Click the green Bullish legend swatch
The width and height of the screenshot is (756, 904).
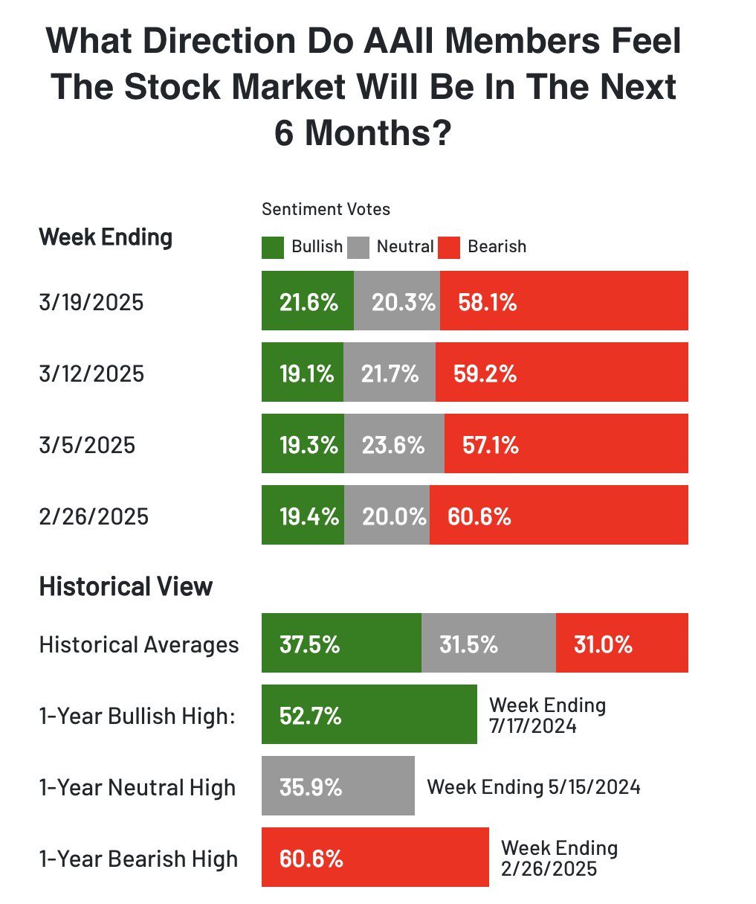tap(273, 248)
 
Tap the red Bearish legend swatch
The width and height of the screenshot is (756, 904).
tap(449, 248)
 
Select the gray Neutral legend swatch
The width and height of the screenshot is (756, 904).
tap(359, 248)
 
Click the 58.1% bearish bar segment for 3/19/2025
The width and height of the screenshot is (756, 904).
tap(563, 301)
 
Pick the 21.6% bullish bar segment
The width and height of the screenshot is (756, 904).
tap(308, 301)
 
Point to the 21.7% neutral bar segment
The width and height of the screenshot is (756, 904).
tap(390, 372)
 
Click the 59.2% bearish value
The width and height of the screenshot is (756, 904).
tap(485, 373)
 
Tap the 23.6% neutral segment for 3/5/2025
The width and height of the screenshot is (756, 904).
tap(394, 443)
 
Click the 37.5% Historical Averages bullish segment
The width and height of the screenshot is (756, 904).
tap(341, 643)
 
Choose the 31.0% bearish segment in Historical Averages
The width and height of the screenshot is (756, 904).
tap(621, 643)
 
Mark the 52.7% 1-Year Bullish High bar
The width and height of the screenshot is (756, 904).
tap(369, 714)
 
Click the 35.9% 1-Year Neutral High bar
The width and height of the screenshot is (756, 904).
tap(337, 786)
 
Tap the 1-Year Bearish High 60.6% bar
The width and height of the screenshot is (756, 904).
tap(375, 857)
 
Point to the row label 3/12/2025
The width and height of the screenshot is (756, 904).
tap(91, 373)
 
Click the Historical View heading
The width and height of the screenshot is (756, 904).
tap(126, 586)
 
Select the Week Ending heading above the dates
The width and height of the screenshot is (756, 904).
tap(106, 237)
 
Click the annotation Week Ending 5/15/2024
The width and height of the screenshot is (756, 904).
tap(534, 787)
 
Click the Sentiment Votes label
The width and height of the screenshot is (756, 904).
tap(326, 209)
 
